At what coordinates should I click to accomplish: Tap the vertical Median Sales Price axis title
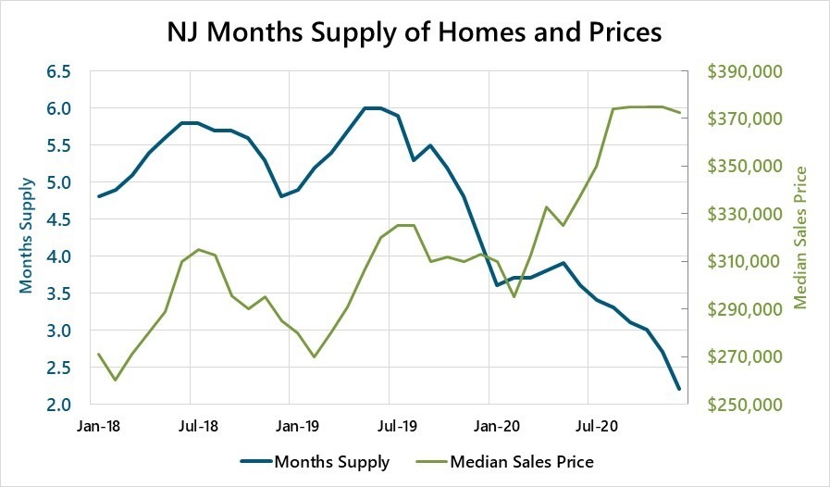801,237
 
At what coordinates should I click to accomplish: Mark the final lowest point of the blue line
679,389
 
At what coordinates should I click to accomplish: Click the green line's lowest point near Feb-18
115,380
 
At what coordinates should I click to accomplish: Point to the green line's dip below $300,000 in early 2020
514,296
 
